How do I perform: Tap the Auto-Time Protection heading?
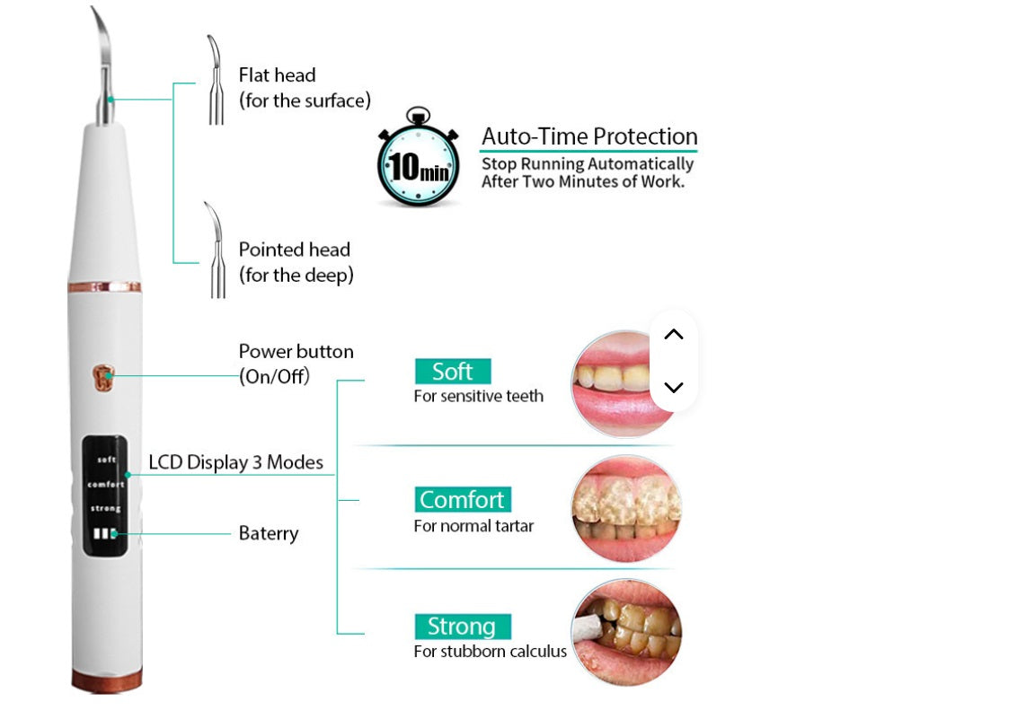[589, 136]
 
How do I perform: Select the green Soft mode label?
[453, 372]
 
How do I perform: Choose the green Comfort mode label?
[463, 499]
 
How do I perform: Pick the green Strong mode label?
[462, 626]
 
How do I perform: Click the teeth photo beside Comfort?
[626, 508]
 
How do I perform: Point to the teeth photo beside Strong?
[626, 632]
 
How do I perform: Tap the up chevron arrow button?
[674, 335]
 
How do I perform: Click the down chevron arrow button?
[674, 388]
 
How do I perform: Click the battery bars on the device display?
[104, 533]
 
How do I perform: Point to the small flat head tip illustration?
[214, 81]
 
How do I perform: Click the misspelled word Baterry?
[268, 533]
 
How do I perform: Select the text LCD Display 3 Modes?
[235, 462]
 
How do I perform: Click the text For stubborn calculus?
[490, 651]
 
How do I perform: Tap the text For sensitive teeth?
[478, 396]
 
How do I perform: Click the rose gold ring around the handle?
[104, 287]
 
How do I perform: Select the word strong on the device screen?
[105, 509]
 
